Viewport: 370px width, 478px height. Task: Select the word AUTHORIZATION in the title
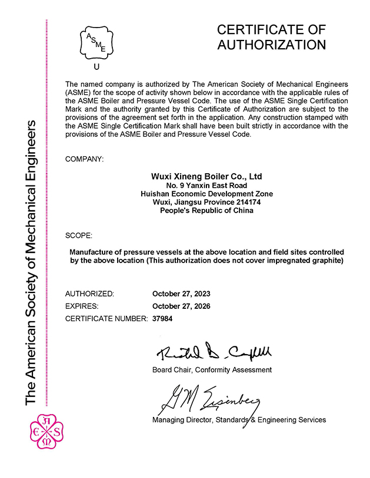coord(271,45)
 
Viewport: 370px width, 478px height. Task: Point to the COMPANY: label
coord(85,159)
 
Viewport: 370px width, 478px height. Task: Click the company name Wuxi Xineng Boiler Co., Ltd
coord(206,176)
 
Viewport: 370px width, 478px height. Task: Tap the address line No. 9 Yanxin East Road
coord(206,185)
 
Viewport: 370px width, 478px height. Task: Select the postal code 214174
coord(248,202)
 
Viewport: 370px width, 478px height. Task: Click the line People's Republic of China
coord(206,210)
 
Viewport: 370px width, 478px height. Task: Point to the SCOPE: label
coord(78,235)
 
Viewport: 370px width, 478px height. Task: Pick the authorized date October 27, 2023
coord(181,294)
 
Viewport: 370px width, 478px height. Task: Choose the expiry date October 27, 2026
coord(181,306)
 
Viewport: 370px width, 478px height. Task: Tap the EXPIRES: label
coord(82,306)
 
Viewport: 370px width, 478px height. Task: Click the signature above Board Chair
coord(213,353)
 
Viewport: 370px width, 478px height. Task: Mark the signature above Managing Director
coord(208,399)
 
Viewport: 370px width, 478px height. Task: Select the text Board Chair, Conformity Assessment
coord(212,370)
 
